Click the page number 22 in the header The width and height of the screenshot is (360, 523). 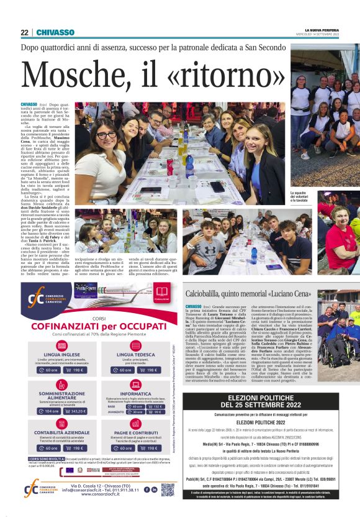24,32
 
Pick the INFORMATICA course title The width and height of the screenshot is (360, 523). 135,394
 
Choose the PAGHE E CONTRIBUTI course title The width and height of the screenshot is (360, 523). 135,431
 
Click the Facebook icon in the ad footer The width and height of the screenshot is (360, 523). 146,489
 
